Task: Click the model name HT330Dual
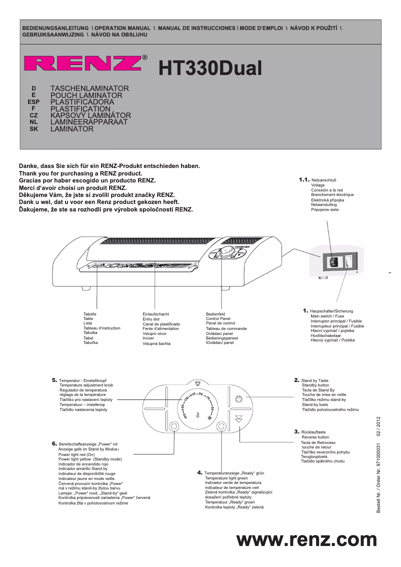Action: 210,68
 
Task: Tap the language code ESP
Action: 33,102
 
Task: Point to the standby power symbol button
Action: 238,398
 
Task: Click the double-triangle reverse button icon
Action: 238,419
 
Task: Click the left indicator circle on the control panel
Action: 174,426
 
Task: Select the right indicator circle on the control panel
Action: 221,426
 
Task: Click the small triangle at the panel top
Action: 198,384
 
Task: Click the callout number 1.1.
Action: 304,179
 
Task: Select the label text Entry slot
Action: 151,319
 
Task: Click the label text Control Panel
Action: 218,318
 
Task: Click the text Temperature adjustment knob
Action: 86,385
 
